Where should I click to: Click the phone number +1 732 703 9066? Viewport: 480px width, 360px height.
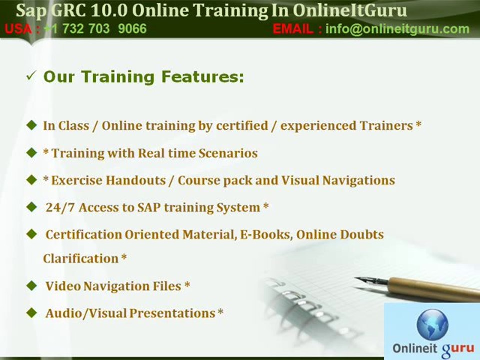[x=95, y=29]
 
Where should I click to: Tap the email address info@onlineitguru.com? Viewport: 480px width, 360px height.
[x=397, y=29]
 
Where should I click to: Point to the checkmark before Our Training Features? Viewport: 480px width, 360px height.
[x=31, y=76]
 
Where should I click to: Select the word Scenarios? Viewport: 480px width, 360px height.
[x=228, y=153]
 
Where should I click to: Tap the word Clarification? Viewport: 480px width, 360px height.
[x=80, y=258]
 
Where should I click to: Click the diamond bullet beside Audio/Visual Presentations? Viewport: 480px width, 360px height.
[x=32, y=313]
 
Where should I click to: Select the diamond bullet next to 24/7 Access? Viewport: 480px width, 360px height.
[x=32, y=206]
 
